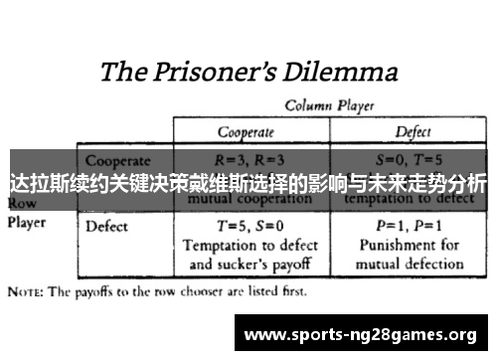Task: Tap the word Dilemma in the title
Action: [x=340, y=72]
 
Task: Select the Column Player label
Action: [x=323, y=104]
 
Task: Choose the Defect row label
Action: [x=107, y=226]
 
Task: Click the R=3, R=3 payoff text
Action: [x=244, y=159]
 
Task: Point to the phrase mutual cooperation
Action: [x=244, y=196]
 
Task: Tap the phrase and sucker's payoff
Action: [x=244, y=264]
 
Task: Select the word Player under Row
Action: [x=27, y=222]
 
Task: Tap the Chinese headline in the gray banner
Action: [x=248, y=184]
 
